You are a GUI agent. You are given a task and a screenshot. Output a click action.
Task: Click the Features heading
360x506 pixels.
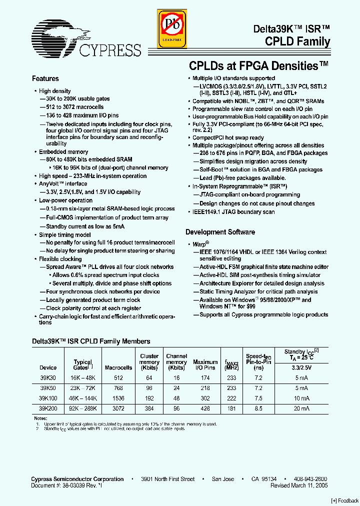(45, 78)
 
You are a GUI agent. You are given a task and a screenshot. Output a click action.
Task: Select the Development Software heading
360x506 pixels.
(220, 232)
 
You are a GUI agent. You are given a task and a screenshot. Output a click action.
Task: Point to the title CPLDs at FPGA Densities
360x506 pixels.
(258, 65)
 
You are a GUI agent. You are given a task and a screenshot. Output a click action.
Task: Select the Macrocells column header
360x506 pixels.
(118, 367)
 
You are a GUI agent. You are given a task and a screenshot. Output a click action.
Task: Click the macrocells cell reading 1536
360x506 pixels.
(118, 398)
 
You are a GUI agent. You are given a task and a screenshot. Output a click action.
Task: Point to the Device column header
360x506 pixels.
(48, 367)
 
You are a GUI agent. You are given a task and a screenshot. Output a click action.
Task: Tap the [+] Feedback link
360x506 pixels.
(345, 500)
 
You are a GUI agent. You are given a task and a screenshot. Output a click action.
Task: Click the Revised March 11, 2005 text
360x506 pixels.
(299, 485)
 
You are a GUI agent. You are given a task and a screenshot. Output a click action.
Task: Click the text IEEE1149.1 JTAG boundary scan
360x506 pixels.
(233, 212)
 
